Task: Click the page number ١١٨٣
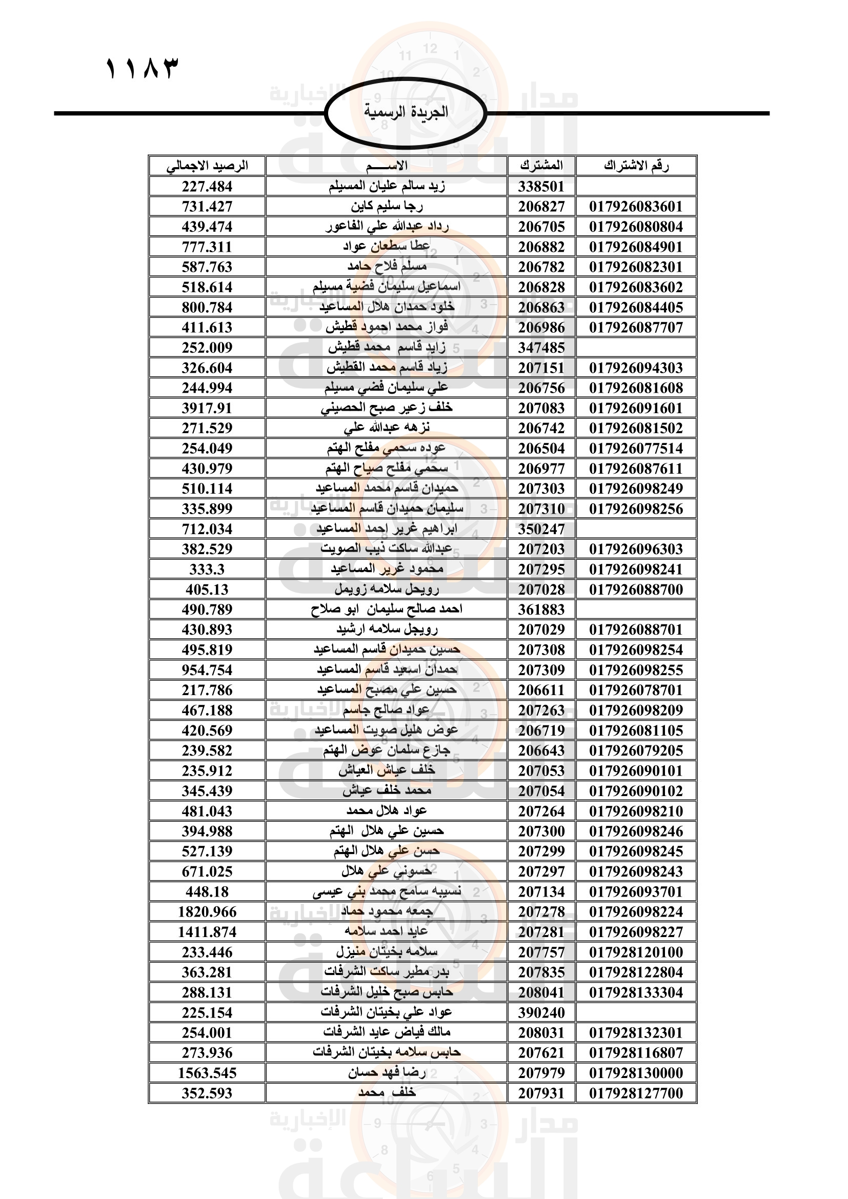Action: click(x=142, y=68)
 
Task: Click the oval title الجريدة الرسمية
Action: click(x=406, y=112)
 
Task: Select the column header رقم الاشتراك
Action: click(x=636, y=166)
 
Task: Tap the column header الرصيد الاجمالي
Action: click(x=207, y=166)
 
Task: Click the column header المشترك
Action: click(x=541, y=166)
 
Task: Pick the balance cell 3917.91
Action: click(x=207, y=408)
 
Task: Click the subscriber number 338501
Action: click(x=541, y=187)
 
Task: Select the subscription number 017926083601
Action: click(x=636, y=206)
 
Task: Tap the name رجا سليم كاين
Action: click(x=387, y=206)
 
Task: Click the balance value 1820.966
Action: click(x=207, y=912)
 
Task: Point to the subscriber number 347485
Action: click(x=541, y=347)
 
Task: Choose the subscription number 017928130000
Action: click(x=636, y=1072)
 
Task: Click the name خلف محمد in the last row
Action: click(x=387, y=1093)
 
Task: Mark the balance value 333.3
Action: click(x=207, y=569)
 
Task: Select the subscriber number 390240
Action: click(x=541, y=1012)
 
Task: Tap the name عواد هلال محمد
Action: click(x=387, y=811)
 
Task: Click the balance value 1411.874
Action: click(x=207, y=931)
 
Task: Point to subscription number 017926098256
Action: click(x=636, y=509)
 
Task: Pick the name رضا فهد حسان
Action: click(x=387, y=1072)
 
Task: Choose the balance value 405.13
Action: click(x=207, y=590)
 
